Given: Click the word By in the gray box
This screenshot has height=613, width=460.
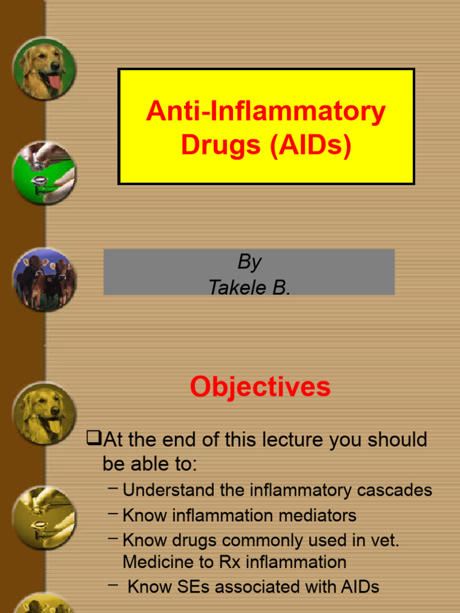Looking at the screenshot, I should pos(249,262).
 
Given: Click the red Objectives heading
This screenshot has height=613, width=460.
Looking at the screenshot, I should pos(260,387).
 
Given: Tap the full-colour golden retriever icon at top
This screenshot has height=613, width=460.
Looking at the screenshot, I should pos(44,68).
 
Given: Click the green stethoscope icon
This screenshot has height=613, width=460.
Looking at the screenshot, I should pos(44,173).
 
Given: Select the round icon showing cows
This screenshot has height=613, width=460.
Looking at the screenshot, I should pos(44,280).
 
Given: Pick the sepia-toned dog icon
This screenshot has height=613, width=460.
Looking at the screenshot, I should pos(44,413).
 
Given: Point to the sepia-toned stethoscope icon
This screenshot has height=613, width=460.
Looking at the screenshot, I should pos(44,517).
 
